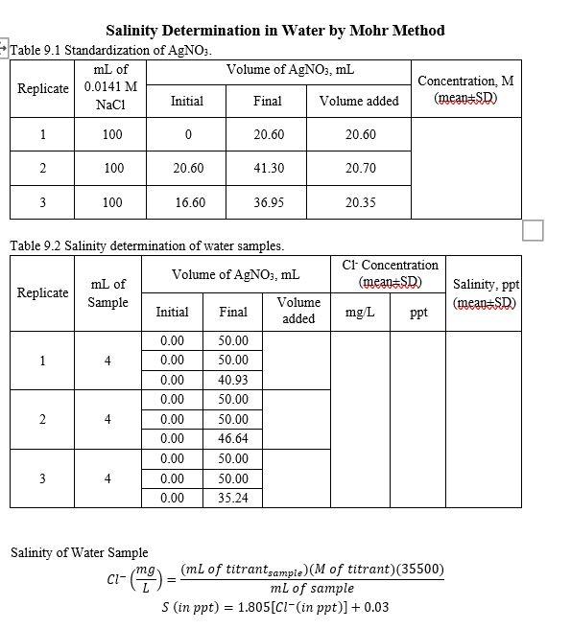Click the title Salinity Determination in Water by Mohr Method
click(274, 31)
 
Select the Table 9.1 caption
click(110, 50)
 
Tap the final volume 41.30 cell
click(268, 168)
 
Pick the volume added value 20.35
click(359, 202)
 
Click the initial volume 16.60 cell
click(188, 202)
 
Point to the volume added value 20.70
click(359, 168)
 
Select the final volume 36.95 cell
click(268, 202)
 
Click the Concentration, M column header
click(465, 89)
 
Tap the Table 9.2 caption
click(147, 245)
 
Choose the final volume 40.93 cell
click(232, 380)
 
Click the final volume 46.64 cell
click(232, 438)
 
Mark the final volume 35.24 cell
click(232, 498)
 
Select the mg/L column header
click(360, 312)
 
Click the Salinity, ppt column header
click(485, 293)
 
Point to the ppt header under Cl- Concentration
click(418, 312)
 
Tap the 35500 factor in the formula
click(421, 570)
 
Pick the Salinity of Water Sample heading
click(80, 552)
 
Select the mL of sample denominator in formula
click(312, 588)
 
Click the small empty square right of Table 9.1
click(534, 230)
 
